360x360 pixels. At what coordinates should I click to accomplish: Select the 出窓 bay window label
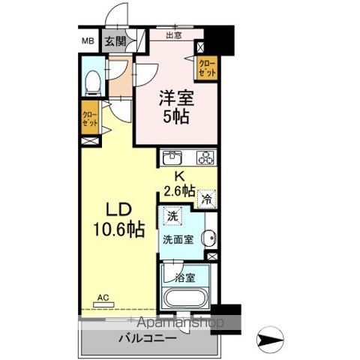click(175, 34)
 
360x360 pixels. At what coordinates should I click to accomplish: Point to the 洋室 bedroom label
click(173, 97)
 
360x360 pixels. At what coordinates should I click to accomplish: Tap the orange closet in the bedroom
click(208, 69)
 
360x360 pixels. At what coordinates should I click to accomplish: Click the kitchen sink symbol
click(172, 157)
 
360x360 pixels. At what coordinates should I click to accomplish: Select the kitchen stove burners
click(205, 157)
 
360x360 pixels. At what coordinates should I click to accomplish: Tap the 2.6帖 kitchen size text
click(178, 190)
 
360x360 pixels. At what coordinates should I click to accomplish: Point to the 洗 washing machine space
click(172, 216)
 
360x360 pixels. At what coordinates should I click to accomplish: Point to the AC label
click(102, 296)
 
